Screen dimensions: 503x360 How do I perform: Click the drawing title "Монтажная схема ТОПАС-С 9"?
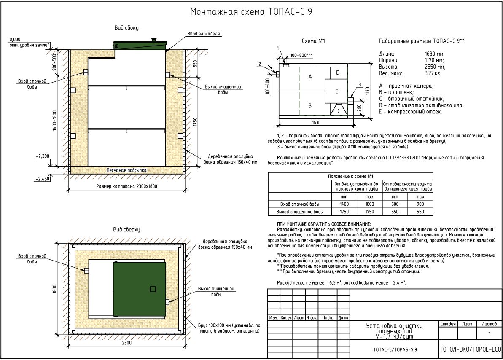[251, 12]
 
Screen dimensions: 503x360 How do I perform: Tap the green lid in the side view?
[140, 45]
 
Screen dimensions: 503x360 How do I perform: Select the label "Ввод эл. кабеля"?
[204, 34]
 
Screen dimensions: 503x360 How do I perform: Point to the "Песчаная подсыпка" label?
[126, 170]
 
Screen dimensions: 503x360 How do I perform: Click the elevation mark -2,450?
[43, 179]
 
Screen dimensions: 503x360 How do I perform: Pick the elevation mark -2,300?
[42, 156]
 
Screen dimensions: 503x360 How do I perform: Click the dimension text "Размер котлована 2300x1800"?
[127, 186]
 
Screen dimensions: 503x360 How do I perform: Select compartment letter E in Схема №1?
[336, 91]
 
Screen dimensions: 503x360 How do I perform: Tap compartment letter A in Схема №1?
[310, 77]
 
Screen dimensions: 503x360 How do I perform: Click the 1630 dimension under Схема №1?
[316, 122]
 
